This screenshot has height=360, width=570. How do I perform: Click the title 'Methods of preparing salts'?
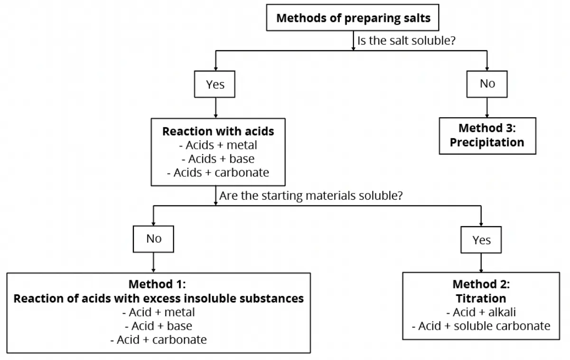(353, 18)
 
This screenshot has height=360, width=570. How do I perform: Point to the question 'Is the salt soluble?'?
(406, 41)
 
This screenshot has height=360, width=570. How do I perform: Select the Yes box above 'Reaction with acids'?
(215, 84)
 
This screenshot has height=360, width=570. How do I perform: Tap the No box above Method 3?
(487, 83)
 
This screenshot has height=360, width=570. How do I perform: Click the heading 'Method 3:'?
(487, 129)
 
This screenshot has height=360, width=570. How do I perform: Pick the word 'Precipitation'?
(487, 142)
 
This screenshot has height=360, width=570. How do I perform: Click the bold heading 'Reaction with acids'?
(218, 131)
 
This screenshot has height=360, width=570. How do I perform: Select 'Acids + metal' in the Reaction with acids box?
(218, 145)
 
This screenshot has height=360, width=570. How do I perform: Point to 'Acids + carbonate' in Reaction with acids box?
(218, 173)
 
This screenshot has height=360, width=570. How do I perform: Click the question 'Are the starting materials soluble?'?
(311, 195)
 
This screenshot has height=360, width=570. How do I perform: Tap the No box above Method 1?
(153, 239)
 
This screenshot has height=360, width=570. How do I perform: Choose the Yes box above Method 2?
(481, 240)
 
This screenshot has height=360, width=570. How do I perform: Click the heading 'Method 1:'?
(158, 285)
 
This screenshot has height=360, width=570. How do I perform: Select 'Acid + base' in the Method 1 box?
(159, 326)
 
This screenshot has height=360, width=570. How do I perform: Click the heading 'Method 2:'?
(481, 285)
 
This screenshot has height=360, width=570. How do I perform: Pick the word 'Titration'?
(481, 298)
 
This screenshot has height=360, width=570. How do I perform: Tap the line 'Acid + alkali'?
(481, 312)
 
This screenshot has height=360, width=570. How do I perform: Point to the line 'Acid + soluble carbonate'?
(481, 326)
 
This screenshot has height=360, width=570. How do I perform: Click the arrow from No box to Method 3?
(487, 107)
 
